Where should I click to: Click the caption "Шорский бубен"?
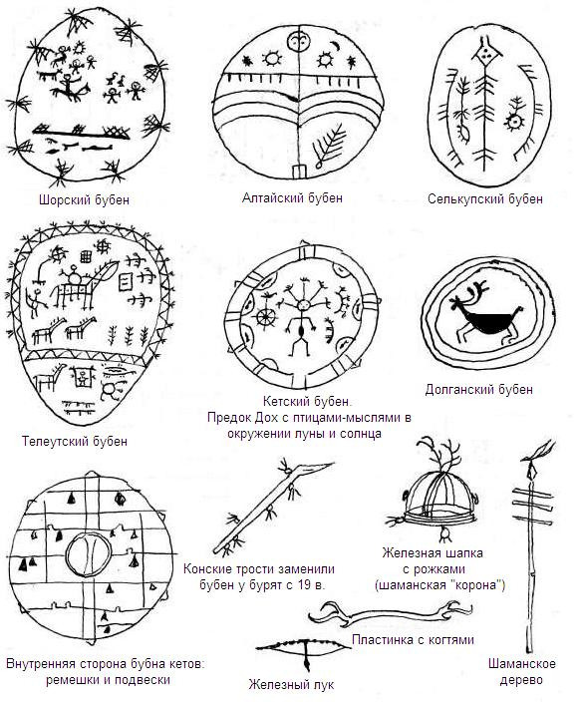84,199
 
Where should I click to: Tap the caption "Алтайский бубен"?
292,197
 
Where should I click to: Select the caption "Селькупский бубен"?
485,198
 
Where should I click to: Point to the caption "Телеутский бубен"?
75,441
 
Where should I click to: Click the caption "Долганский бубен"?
479,389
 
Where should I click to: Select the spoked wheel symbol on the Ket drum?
265,317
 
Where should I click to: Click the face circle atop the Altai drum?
297,43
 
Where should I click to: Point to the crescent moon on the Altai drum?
335,45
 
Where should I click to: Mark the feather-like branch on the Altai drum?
330,145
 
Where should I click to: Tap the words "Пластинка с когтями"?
413,640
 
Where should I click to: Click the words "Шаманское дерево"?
522,671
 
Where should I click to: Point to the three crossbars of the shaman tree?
532,505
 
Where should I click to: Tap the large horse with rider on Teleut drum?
84,285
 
